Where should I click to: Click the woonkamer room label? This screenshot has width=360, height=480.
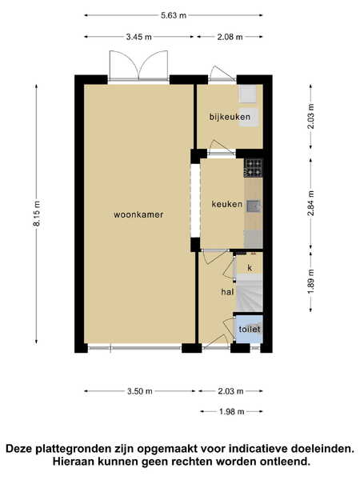point(138,214)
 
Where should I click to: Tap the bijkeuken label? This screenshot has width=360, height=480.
point(230,117)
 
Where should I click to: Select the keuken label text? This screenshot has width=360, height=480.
point(227,204)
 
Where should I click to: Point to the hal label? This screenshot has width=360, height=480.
point(227,292)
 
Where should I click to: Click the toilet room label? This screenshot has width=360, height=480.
point(250,329)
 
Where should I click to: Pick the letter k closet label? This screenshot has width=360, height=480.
point(250,268)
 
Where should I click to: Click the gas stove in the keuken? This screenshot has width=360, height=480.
point(253,168)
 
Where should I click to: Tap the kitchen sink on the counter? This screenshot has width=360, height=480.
point(254,206)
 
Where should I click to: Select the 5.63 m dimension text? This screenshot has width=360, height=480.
point(174,15)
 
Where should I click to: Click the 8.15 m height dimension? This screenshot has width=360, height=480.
point(37,214)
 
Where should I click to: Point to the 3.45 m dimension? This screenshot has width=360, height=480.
point(138,37)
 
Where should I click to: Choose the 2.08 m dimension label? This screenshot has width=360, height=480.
point(230,37)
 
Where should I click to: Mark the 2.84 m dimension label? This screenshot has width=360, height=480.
point(310,203)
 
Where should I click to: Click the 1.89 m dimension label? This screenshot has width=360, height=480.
point(310,282)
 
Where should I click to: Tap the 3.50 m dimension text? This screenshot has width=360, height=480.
point(139,391)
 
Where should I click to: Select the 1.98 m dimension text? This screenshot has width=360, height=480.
point(232,412)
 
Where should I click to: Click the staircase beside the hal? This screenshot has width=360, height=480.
point(250,293)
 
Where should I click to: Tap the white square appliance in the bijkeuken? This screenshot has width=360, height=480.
point(247,93)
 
